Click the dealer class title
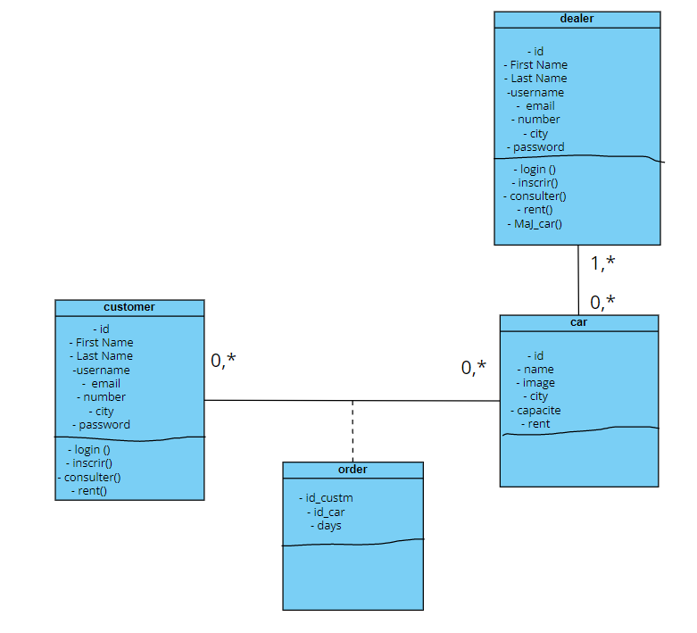pos(577,19)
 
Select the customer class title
pos(129,307)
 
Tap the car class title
pos(578,322)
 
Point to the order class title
pos(353,470)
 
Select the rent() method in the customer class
pos(88,490)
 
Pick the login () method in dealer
pos(535,169)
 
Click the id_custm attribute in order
pos(328,497)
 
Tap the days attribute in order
pos(327,525)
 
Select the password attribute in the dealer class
pos(535,146)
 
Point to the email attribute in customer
pos(102,383)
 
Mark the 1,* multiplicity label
pos(602,263)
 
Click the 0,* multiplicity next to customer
pos(223,360)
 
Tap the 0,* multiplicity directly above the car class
pos(602,303)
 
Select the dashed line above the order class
pos(353,430)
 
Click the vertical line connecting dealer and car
pos(578,279)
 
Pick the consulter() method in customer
pos(88,477)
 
